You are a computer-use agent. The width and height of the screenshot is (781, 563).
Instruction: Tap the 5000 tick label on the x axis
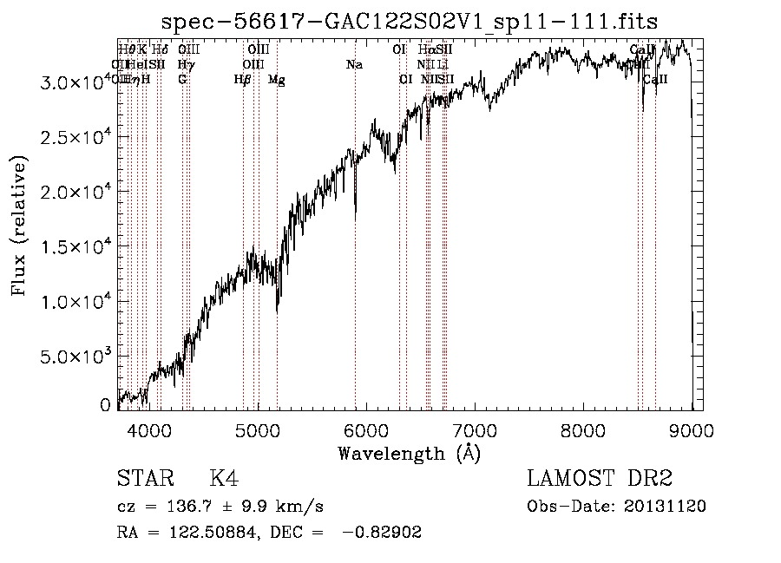tap(258, 429)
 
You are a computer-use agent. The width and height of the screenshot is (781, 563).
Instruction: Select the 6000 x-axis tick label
tap(366, 429)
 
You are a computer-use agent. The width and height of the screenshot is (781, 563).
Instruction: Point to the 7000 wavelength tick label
tap(475, 429)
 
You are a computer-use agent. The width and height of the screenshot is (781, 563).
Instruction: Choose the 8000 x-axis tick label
tap(583, 429)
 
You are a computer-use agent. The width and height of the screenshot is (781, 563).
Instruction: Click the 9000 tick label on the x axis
tap(692, 429)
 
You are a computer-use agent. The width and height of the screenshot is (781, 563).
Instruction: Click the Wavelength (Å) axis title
tap(409, 453)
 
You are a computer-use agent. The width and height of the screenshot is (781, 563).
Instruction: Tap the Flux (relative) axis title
tap(19, 226)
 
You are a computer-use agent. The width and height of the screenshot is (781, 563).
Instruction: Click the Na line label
tap(354, 65)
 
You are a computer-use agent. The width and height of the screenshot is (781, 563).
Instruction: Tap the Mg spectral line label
tap(277, 80)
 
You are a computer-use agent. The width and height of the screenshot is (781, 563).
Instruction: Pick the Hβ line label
tap(242, 80)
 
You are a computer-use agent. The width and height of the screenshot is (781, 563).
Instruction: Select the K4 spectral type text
tap(224, 479)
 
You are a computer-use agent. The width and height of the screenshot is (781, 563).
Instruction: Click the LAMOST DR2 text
tap(600, 479)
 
